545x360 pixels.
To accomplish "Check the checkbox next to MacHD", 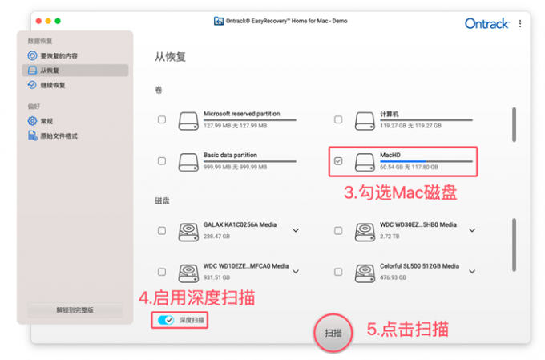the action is point(338,161).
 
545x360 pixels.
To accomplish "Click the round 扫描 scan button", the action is point(333,333).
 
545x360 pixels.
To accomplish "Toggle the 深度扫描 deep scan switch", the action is point(166,320).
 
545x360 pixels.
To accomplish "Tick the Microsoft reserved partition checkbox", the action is point(162,119).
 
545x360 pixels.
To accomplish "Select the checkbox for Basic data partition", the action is point(162,161).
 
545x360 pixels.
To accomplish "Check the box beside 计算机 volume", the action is point(338,119).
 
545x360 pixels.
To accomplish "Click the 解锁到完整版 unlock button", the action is point(75,310).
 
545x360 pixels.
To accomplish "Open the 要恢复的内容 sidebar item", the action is point(52,55).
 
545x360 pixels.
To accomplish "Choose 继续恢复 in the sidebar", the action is point(46,85).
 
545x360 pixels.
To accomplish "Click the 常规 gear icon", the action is point(32,121).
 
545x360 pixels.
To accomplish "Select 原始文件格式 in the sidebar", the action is point(52,136).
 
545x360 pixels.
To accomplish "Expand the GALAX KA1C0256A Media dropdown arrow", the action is point(296,230).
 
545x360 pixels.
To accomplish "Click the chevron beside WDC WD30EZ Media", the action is point(472,230).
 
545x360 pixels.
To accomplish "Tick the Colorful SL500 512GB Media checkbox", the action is point(338,272).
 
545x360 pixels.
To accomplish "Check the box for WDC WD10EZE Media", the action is point(162,272).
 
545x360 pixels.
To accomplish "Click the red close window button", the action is point(38,21).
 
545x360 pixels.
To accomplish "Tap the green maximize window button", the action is point(58,21).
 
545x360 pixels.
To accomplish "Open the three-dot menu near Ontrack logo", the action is point(520,23).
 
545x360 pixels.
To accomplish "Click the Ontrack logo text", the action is point(487,23).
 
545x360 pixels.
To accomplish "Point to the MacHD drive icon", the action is point(365,162).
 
